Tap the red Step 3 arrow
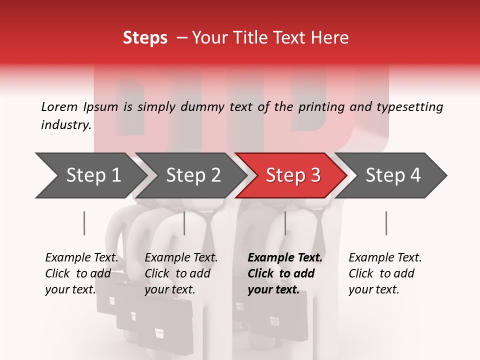tap(293, 175)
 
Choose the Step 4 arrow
tap(393, 175)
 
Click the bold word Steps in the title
tap(145, 37)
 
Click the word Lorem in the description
tap(59, 106)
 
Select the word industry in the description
tap(65, 125)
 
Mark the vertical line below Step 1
tap(84, 223)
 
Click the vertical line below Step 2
tap(184, 223)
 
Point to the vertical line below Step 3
tap(285, 223)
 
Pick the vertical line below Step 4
tap(386, 223)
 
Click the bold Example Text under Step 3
tap(285, 258)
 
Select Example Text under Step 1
tap(81, 258)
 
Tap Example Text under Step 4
tap(385, 258)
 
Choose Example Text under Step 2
tap(181, 258)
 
